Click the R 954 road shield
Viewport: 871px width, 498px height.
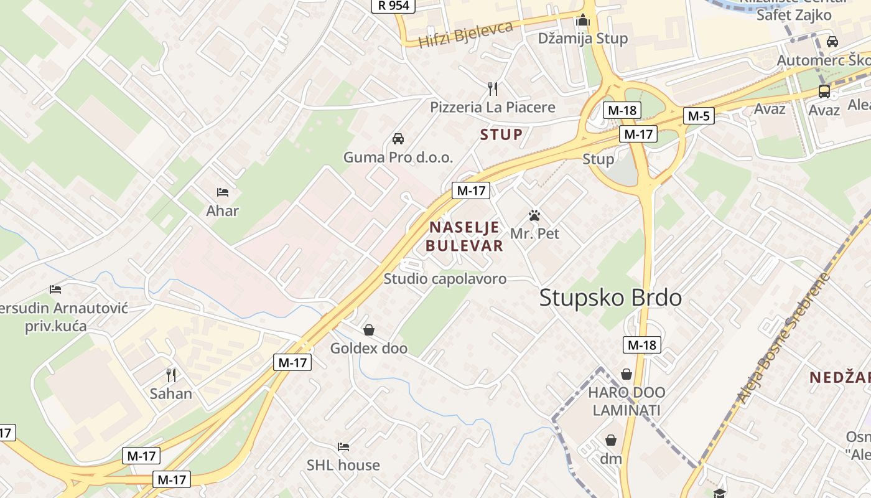(x=394, y=6)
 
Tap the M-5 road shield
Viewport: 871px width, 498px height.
(x=699, y=116)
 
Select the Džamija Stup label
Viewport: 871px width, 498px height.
(x=582, y=39)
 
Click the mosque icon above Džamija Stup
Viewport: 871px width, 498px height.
(x=582, y=21)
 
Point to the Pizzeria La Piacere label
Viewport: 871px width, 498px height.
(x=492, y=107)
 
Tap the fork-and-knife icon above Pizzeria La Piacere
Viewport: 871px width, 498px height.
(x=493, y=88)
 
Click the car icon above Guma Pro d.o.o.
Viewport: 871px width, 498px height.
(x=398, y=138)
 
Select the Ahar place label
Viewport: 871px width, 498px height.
(x=222, y=211)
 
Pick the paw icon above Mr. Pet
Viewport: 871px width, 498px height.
(x=534, y=216)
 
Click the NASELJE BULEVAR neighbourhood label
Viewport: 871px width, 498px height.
(x=465, y=237)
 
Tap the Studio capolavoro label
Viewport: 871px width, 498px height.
(x=445, y=279)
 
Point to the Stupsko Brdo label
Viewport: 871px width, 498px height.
(x=610, y=298)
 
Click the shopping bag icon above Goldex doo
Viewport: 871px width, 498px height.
(x=369, y=329)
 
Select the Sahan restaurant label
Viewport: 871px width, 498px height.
(x=171, y=393)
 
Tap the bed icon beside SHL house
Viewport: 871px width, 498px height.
(x=343, y=447)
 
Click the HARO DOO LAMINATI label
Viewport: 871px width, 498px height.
(x=626, y=402)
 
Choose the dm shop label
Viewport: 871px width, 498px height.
(x=611, y=459)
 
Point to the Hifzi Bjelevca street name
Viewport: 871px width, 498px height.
(x=465, y=34)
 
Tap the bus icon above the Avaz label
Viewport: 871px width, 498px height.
(x=824, y=92)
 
